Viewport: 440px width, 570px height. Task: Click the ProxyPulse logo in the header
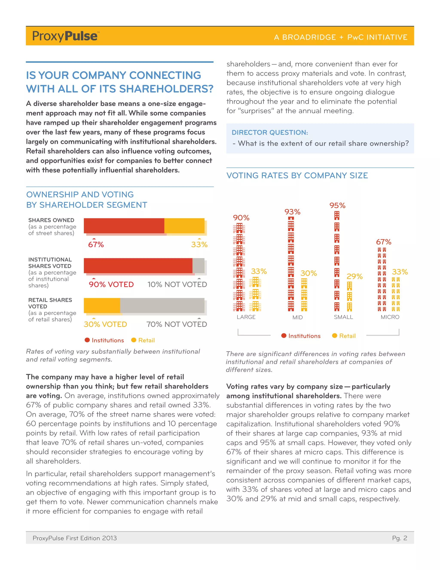[x=65, y=36]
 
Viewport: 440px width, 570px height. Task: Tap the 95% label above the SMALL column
[x=337, y=206]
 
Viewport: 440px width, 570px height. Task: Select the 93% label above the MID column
[x=292, y=212]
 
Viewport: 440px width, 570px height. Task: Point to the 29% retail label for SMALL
[x=354, y=276]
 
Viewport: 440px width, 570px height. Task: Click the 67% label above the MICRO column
[x=383, y=242]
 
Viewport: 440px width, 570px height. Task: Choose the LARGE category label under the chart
[x=246, y=317]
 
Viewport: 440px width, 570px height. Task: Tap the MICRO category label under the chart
[x=390, y=317]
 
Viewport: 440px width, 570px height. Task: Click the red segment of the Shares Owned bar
[x=124, y=225]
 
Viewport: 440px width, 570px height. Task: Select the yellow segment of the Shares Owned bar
[x=184, y=225]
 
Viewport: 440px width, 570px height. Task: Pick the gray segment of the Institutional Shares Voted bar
[x=198, y=266]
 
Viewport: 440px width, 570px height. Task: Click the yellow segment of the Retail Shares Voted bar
[x=102, y=305]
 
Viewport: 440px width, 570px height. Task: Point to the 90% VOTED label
[x=111, y=285]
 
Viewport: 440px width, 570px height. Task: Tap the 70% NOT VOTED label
[x=177, y=324]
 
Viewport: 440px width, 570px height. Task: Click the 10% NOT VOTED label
[x=177, y=285]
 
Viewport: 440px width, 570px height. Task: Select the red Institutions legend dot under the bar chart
[x=87, y=340]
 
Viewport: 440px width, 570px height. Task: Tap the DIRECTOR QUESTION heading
[x=270, y=132]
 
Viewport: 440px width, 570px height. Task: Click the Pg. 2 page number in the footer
[x=400, y=538]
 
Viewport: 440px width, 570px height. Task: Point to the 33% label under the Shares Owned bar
[x=199, y=245]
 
